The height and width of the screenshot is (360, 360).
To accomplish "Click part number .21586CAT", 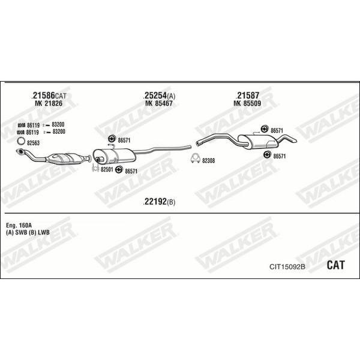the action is [49, 95].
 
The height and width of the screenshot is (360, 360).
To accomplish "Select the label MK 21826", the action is [49, 103].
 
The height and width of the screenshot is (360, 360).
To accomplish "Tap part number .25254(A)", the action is [159, 95].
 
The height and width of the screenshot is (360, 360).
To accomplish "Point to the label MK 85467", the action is [159, 103].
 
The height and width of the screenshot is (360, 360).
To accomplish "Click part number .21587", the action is [247, 95].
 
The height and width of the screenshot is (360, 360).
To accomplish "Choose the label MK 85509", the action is [247, 103].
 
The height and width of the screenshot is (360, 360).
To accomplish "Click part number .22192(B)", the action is [159, 202].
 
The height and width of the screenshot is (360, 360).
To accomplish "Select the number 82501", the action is [107, 169].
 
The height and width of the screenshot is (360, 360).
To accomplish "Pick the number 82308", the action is [208, 161].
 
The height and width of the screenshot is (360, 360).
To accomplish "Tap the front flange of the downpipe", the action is [20, 151].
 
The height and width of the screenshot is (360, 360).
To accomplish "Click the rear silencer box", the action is [258, 142].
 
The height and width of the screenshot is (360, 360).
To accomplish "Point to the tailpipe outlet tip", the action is [295, 140].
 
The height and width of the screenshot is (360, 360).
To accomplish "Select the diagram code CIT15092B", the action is [287, 267].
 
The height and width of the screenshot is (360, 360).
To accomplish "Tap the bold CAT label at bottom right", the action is [335, 265].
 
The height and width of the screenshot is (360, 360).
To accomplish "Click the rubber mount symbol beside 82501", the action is [118, 170].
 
